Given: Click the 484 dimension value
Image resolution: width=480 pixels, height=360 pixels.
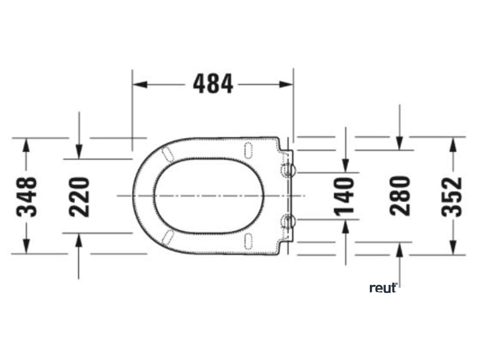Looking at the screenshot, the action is (213, 83).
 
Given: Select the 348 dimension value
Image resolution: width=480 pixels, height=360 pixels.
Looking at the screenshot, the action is (27, 197).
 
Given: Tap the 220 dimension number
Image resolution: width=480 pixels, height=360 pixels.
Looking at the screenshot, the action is (79, 197).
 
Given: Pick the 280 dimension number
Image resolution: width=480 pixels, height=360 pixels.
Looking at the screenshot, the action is (400, 196).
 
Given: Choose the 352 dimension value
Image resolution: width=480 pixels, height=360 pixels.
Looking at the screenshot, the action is (452, 197).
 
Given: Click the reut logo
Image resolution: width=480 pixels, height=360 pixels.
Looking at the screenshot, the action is (384, 288).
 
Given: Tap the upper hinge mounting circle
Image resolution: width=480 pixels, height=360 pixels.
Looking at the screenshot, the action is (288, 171).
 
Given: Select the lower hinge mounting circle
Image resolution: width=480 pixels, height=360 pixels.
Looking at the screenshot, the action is (288, 221).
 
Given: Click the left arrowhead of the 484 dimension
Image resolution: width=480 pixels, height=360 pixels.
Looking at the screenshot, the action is (140, 84).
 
